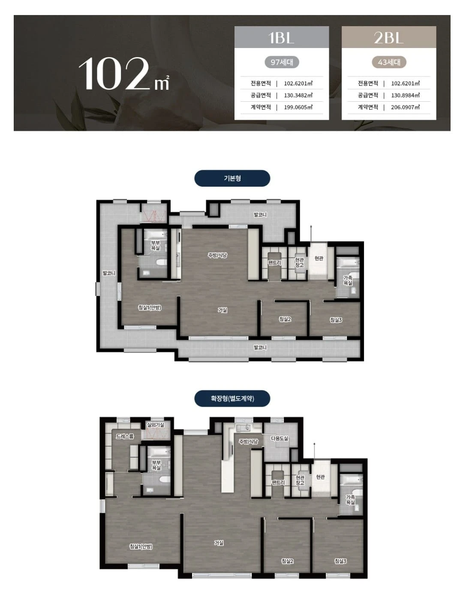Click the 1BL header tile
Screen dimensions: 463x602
coord(282,37)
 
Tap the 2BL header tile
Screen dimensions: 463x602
coord(388,37)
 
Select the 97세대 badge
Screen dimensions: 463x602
coord(282,62)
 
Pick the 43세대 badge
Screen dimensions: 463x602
coord(389,62)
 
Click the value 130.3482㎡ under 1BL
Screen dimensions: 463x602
coord(298,95)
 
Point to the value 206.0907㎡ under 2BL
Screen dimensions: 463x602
coord(406,107)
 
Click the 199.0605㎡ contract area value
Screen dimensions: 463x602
coord(298,107)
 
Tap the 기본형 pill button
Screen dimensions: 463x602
coord(232,178)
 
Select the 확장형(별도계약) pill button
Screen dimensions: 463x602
coord(232,398)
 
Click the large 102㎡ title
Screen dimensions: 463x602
coord(124,74)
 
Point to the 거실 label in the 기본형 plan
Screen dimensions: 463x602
coord(222,310)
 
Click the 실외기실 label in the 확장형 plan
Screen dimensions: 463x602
coord(156,425)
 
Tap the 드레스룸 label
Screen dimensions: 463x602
coord(125,436)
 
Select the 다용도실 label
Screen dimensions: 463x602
coord(280,438)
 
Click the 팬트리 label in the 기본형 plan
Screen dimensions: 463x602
coord(274,262)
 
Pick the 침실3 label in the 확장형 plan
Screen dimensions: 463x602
coord(340,561)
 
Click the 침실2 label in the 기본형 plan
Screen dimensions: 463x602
coord(285,319)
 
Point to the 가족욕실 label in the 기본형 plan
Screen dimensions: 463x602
coord(348,280)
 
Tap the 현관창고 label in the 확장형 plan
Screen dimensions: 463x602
coord(300,480)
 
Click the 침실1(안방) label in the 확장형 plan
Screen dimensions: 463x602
coord(141,546)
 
